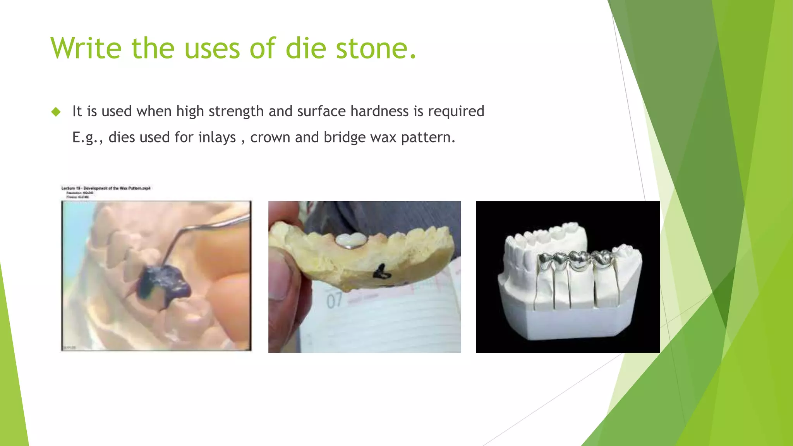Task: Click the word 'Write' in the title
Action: tap(86, 48)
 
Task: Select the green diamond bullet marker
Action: tap(56, 112)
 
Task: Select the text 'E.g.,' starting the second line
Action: tap(88, 138)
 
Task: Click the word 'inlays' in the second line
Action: tap(217, 137)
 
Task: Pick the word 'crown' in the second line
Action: tap(270, 137)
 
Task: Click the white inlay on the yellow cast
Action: tap(351, 240)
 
